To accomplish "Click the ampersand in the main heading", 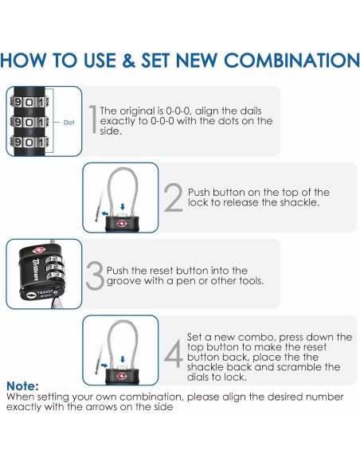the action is [x=128, y=61].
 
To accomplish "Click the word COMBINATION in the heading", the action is [x=292, y=61].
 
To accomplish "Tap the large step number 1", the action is [x=93, y=119].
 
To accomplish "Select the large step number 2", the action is [x=173, y=197].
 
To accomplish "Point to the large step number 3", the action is [x=95, y=275].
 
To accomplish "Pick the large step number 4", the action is [x=174, y=354].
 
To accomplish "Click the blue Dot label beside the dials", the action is [x=68, y=122].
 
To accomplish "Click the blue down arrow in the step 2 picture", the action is [x=123, y=206].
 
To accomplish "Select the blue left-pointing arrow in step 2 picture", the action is [x=104, y=213].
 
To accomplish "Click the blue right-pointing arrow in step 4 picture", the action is [x=104, y=365].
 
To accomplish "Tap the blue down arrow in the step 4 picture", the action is [x=123, y=359].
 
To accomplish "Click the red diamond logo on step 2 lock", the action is [x=122, y=223].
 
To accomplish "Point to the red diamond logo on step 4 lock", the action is [x=122, y=376].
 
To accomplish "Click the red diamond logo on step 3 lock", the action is [x=39, y=250].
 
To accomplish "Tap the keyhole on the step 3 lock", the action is [x=30, y=295].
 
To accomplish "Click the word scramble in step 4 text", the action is [x=300, y=367].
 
